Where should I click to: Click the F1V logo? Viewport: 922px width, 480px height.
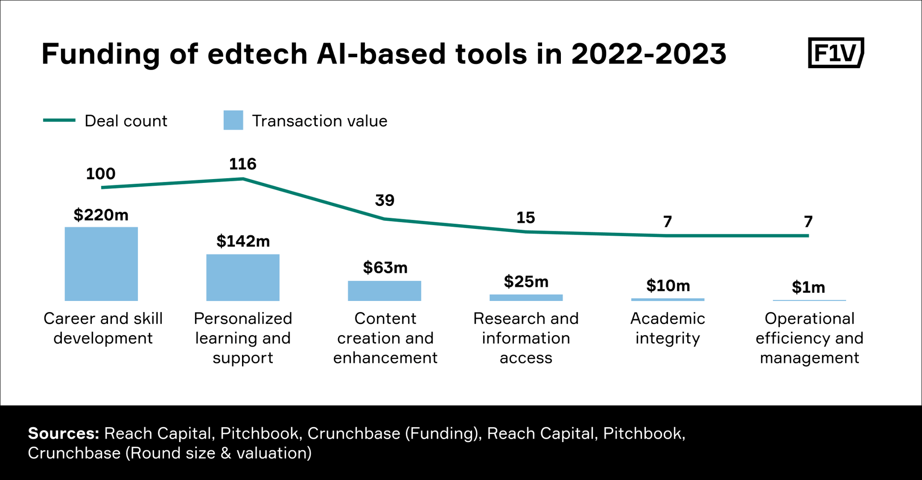pyautogui.click(x=836, y=53)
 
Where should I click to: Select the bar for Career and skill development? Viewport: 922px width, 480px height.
pyautogui.click(x=101, y=264)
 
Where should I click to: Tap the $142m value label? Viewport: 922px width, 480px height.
pyautogui.click(x=243, y=241)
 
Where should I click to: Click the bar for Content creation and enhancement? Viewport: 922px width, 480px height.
pyautogui.click(x=384, y=291)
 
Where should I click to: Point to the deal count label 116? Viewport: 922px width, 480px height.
pyautogui.click(x=243, y=164)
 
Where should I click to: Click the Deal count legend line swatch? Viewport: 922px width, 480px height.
pyautogui.click(x=59, y=120)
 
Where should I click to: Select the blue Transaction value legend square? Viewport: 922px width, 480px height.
pyautogui.click(x=233, y=120)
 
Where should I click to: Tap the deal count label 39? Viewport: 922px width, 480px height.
pyautogui.click(x=384, y=200)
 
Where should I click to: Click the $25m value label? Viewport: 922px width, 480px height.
pyautogui.click(x=526, y=281)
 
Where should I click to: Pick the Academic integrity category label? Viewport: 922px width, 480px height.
pyautogui.click(x=667, y=328)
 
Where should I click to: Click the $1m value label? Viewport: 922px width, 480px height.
pyautogui.click(x=809, y=287)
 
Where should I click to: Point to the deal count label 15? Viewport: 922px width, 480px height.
pyautogui.click(x=525, y=217)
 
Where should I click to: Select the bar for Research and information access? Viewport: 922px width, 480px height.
pyautogui.click(x=526, y=298)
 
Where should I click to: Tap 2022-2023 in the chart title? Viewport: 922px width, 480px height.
pyautogui.click(x=648, y=53)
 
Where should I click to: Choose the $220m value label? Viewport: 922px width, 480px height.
pyautogui.click(x=101, y=215)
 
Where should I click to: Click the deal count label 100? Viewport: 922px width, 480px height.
pyautogui.click(x=100, y=173)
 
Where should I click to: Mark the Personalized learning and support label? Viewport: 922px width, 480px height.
pyautogui.click(x=243, y=338)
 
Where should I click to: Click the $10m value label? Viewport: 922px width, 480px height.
pyautogui.click(x=668, y=286)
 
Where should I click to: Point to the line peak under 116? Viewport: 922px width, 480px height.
pyautogui.click(x=243, y=179)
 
